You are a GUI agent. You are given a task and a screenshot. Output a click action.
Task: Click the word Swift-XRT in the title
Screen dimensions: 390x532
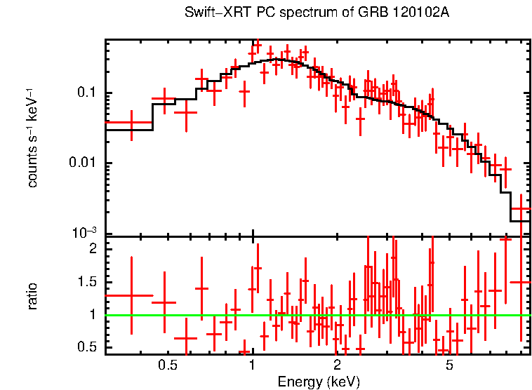point(211,13)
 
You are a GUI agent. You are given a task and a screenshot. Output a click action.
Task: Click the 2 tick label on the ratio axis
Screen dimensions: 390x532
point(92,249)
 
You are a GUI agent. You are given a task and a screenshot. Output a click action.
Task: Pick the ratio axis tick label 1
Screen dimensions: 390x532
point(92,315)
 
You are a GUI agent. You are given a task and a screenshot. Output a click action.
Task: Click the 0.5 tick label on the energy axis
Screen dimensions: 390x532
point(167,365)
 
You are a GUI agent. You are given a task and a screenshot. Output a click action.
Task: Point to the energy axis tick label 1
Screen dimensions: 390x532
point(252,365)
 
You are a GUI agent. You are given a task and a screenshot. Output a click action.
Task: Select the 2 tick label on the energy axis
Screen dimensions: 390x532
point(337,365)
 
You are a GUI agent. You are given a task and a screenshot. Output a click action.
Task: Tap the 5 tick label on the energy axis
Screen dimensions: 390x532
point(449,365)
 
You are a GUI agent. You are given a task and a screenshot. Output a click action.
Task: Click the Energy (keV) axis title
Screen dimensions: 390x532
point(319,382)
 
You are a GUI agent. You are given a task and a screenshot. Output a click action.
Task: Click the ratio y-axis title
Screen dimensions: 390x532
point(33,296)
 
